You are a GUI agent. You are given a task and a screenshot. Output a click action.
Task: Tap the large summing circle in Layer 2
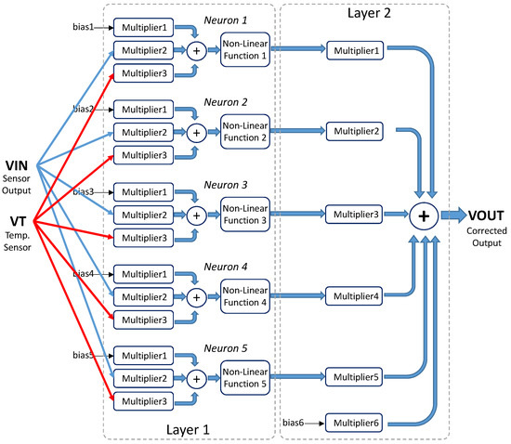[424, 215]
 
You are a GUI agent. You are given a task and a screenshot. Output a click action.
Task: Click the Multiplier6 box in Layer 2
[353, 424]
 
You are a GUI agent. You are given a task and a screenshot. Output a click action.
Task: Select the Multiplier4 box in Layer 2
[353, 296]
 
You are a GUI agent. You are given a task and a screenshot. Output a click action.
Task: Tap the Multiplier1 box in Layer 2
[353, 50]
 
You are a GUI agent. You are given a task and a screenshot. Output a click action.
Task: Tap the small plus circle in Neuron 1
[196, 51]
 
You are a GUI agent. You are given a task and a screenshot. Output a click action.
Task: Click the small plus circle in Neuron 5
[196, 379]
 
